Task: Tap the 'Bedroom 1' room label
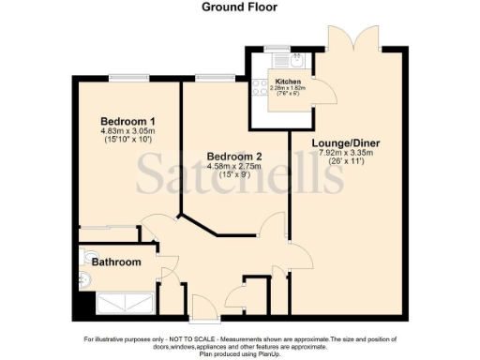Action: [x=128, y=122]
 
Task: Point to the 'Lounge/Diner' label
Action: [x=344, y=142]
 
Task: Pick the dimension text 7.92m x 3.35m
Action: [x=344, y=152]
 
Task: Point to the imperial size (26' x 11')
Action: [x=344, y=161]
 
